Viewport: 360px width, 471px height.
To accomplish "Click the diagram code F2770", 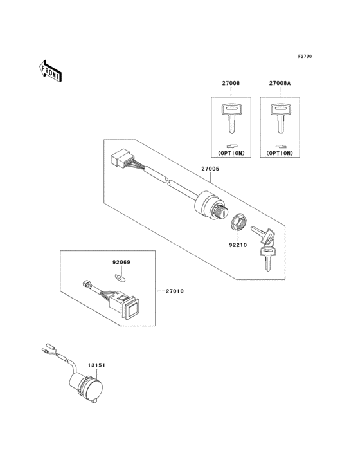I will pyautogui.click(x=304, y=57).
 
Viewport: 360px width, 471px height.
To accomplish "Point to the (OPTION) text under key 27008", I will pyautogui.click(x=231, y=154).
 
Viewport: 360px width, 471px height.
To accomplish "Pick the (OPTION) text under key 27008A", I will pyautogui.click(x=278, y=154).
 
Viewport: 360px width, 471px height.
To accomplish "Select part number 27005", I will pyautogui.click(x=211, y=169).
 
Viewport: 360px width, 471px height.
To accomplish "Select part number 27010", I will pyautogui.click(x=174, y=291).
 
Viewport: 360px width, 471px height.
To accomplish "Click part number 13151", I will pyautogui.click(x=96, y=365).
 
